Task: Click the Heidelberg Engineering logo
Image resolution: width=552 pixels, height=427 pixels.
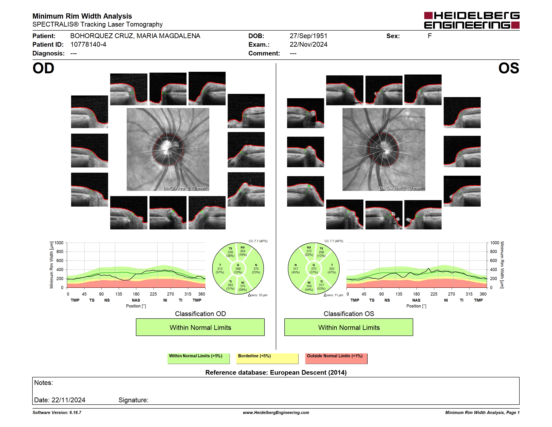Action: tap(472, 20)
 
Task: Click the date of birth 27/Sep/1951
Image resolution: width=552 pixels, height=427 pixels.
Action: tap(308, 36)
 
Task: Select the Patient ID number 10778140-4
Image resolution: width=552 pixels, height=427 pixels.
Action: tap(88, 45)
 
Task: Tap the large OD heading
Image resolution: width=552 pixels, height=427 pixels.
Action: tap(43, 68)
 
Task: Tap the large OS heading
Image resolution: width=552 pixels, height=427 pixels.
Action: tap(509, 68)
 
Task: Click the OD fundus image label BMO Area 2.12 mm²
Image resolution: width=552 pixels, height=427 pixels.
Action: tap(185, 188)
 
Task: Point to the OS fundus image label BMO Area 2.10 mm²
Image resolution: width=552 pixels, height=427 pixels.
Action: tap(401, 188)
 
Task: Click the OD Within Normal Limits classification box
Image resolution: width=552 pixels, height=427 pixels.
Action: tap(200, 327)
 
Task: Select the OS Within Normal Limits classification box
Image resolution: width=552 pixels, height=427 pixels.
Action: tap(349, 327)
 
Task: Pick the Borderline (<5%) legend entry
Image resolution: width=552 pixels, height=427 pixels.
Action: tap(267, 358)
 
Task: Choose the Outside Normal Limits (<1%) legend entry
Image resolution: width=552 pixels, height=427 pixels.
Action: tap(336, 358)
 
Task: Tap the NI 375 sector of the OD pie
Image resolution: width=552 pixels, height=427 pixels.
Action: tap(243, 286)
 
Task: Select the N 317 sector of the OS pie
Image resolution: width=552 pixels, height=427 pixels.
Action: tap(295, 269)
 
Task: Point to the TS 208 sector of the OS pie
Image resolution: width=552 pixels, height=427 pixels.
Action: tap(321, 252)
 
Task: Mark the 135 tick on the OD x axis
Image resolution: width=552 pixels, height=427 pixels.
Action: tap(119, 294)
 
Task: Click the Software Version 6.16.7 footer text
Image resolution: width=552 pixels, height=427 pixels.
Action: tap(57, 412)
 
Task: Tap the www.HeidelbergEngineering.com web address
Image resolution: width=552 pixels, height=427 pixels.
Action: tap(276, 412)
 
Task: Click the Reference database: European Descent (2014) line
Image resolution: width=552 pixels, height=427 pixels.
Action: tap(276, 372)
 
